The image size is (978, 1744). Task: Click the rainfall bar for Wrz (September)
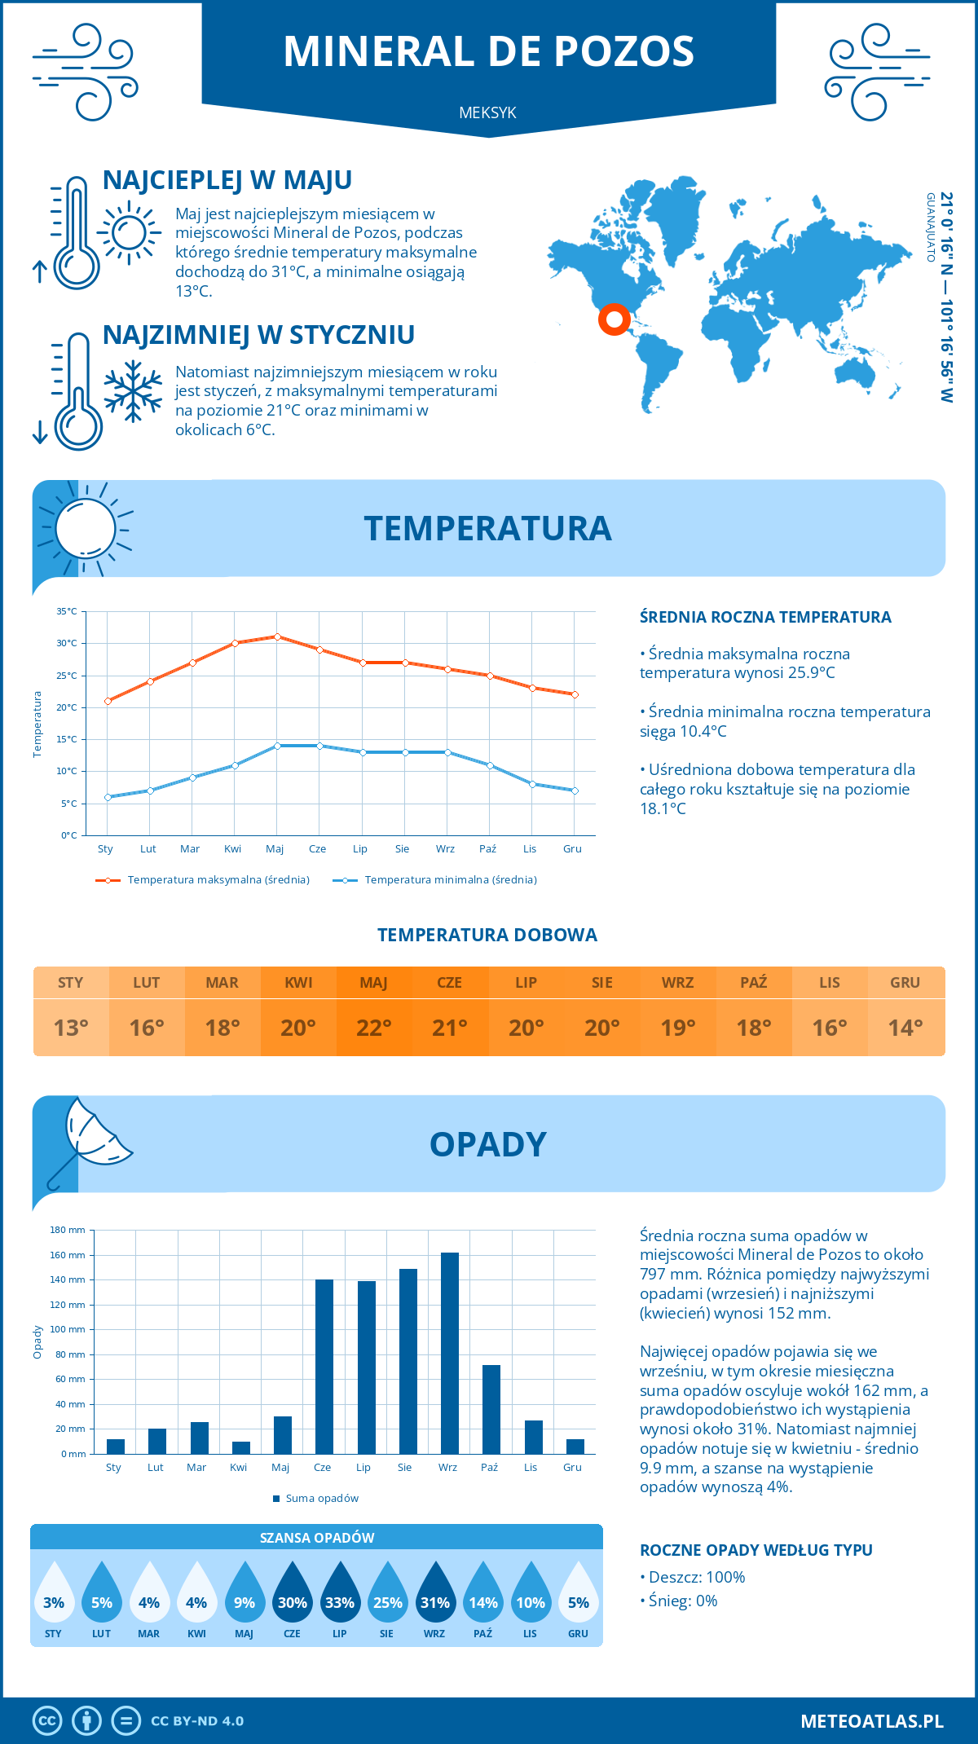click(x=450, y=1353)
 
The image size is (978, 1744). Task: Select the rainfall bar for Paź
click(x=491, y=1409)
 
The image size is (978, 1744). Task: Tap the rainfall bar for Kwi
click(x=241, y=1447)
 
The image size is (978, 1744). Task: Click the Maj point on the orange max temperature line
click(x=278, y=636)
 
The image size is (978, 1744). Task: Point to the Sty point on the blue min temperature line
click(x=108, y=797)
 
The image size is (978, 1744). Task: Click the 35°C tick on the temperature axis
click(x=67, y=611)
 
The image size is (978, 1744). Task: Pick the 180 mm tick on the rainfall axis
click(x=68, y=1230)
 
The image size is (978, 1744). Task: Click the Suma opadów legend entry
click(x=322, y=1499)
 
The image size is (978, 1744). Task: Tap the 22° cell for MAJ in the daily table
click(x=374, y=1028)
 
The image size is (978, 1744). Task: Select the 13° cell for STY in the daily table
click(x=71, y=1028)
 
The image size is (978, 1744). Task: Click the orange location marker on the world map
click(x=615, y=319)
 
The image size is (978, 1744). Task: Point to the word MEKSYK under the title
click(x=488, y=112)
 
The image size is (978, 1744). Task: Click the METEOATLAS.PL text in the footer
click(x=872, y=1721)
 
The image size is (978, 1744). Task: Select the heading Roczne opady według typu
click(x=756, y=1550)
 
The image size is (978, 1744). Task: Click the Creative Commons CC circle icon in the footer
click(x=47, y=1721)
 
